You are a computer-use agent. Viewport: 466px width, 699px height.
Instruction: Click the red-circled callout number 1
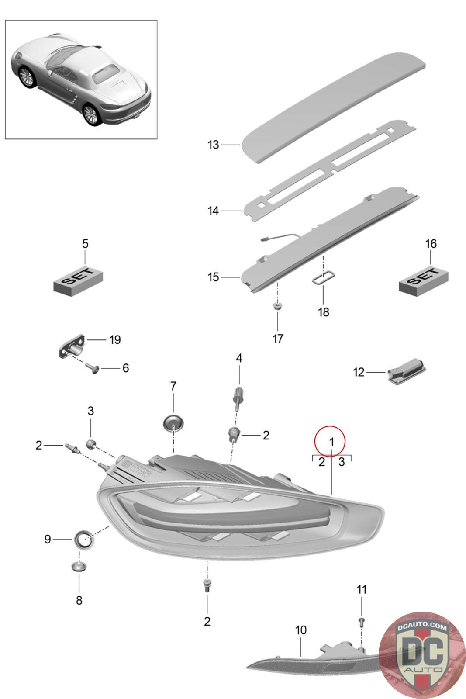(331, 442)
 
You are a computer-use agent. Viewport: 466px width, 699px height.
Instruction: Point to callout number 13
(213, 145)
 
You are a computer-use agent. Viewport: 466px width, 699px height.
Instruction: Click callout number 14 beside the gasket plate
(213, 211)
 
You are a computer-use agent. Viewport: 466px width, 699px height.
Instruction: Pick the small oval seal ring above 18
(323, 277)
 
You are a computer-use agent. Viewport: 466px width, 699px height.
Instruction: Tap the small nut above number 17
(276, 306)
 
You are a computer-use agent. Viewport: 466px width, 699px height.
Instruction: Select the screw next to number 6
(94, 369)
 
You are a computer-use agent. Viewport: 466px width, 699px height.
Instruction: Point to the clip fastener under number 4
(238, 396)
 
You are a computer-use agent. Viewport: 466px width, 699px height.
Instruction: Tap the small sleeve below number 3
(91, 444)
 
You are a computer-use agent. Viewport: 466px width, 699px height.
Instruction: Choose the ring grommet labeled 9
(83, 539)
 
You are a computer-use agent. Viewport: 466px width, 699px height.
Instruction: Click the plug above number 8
(79, 567)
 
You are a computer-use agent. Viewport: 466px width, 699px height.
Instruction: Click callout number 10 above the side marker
(301, 630)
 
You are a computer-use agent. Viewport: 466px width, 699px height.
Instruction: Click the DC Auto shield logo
(421, 655)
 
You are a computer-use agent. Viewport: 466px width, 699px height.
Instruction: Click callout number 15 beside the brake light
(213, 277)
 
